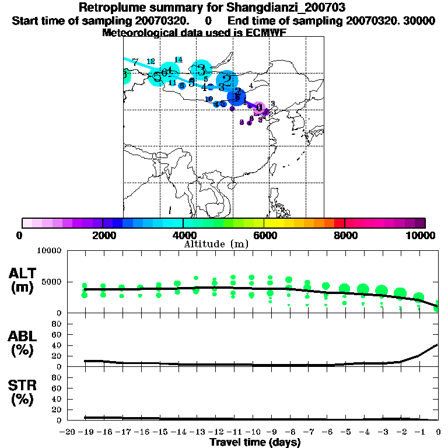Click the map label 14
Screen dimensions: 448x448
pos(178,60)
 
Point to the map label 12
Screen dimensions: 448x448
pos(150,61)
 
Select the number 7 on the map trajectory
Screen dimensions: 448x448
pos(135,62)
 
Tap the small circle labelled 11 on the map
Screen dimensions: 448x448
pos(172,83)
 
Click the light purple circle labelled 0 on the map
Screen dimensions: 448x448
pos(259,107)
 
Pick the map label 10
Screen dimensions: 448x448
pos(209,99)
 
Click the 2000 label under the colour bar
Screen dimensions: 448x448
pos(103,235)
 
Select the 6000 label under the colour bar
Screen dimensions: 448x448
pos(264,235)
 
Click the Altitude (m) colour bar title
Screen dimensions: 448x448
pos(216,244)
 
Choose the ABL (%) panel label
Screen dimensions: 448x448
pos(22,343)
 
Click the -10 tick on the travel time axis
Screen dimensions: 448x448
pos(251,432)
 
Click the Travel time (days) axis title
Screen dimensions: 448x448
pos(255,442)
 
